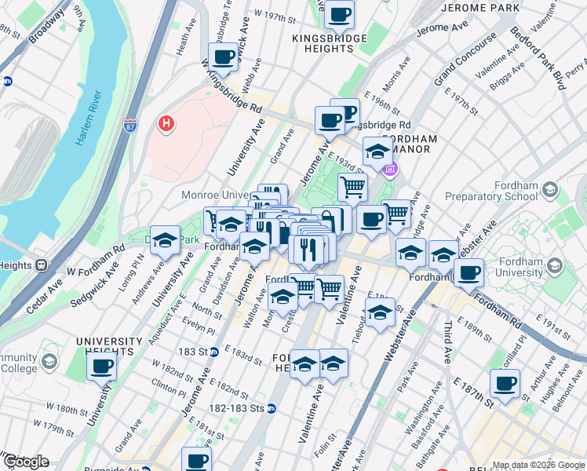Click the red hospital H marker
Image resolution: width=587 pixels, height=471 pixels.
point(166,123)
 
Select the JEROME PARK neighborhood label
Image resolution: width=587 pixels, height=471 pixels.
point(481,8)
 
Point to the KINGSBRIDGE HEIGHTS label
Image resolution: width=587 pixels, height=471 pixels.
point(323,42)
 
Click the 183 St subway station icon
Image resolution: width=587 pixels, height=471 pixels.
point(213,352)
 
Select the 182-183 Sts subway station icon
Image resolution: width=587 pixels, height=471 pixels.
point(271,408)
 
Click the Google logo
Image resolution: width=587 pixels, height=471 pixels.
point(25,462)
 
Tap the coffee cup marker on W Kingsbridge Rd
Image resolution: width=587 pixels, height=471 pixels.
point(223,57)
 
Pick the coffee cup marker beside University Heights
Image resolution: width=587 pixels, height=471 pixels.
point(101,366)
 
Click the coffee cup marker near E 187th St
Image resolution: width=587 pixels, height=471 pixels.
point(505,384)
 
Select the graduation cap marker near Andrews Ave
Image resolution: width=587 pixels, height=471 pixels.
point(165,240)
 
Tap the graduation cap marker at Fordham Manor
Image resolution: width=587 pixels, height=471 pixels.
point(377,152)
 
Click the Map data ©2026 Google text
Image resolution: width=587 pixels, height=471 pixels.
point(538,465)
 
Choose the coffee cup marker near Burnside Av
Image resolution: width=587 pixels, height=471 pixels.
point(196,460)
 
